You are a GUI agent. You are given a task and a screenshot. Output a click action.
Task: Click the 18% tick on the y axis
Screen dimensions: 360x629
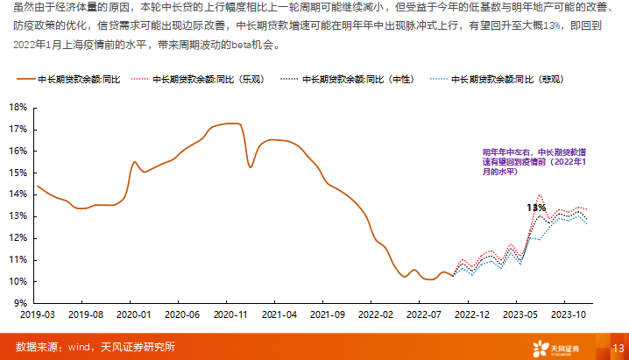pyautogui.click(x=17, y=107)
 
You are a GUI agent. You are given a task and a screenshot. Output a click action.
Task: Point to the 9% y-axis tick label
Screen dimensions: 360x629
pyautogui.click(x=19, y=303)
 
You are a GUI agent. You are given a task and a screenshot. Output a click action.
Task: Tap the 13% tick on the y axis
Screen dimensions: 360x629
pyautogui.click(x=17, y=216)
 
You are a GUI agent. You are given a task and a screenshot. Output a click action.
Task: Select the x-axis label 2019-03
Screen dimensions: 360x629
pyautogui.click(x=37, y=314)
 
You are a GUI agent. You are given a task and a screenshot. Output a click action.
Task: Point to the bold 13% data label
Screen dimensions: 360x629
pyautogui.click(x=535, y=208)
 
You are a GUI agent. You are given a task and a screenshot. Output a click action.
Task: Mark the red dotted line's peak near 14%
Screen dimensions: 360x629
pyautogui.click(x=540, y=195)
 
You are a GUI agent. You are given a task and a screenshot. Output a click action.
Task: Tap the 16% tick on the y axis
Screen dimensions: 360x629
pyautogui.click(x=17, y=151)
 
